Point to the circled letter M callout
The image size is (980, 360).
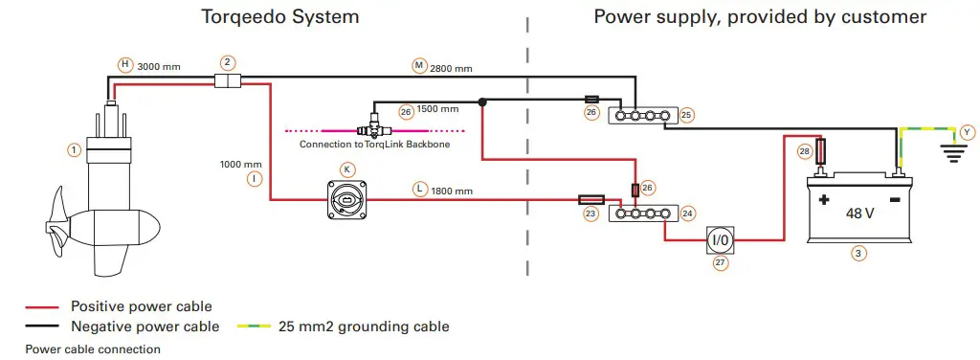pyautogui.click(x=418, y=65)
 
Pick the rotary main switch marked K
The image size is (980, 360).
pyautogui.click(x=347, y=199)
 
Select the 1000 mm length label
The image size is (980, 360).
pyautogui.click(x=240, y=165)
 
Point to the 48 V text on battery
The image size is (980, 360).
pyautogui.click(x=858, y=213)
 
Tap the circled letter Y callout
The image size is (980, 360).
pyautogui.click(x=967, y=131)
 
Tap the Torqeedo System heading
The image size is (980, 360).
pyautogui.click(x=281, y=16)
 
